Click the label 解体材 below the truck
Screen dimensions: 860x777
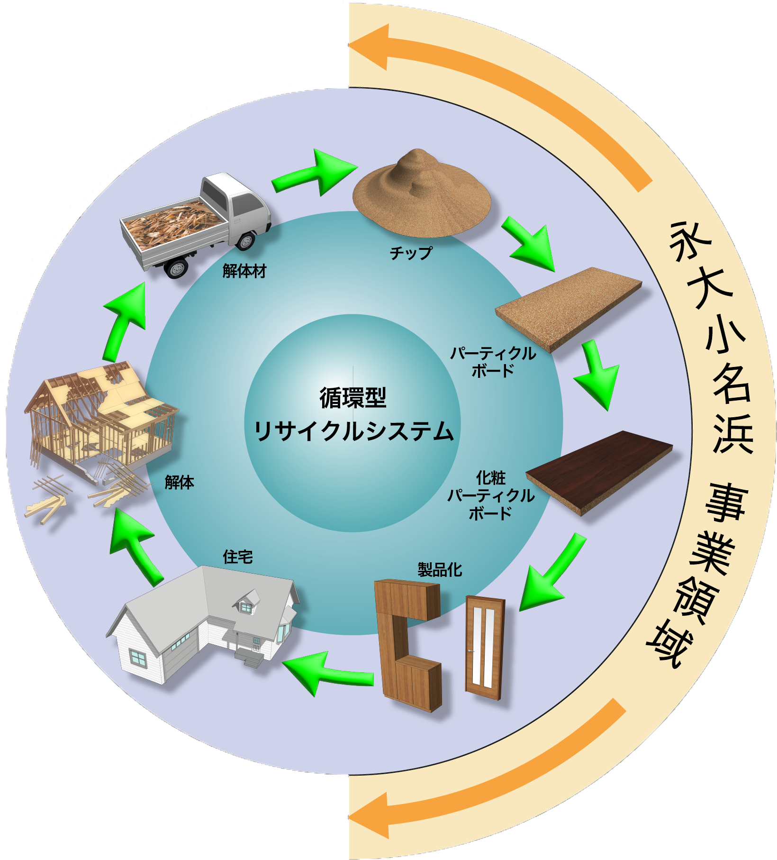click(x=244, y=271)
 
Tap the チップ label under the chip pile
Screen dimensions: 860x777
click(x=411, y=253)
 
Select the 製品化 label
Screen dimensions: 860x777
click(x=440, y=569)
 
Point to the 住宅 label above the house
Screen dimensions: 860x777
click(x=238, y=557)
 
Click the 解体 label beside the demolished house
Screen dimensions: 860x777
click(x=180, y=483)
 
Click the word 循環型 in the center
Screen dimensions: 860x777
click(x=353, y=397)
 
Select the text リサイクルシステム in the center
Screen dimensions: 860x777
click(x=354, y=431)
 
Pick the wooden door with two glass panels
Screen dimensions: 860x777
click(x=484, y=647)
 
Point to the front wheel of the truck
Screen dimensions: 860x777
click(x=245, y=241)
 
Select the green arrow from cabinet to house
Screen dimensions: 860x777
click(x=327, y=672)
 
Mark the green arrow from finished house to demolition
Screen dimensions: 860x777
click(x=135, y=545)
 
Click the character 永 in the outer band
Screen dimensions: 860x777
click(x=689, y=242)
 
